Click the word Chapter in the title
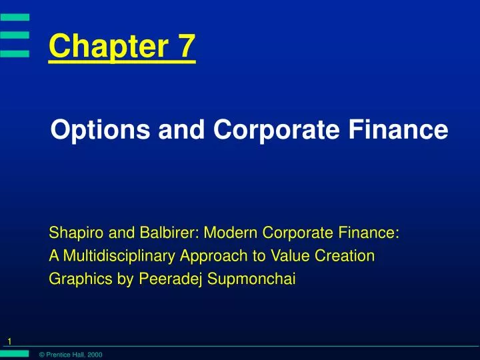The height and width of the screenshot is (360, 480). (x=109, y=46)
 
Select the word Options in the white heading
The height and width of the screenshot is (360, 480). (x=101, y=130)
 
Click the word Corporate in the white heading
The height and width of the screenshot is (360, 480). (x=277, y=130)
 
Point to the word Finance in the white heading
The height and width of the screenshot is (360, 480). (x=398, y=129)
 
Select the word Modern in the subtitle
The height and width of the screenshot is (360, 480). (x=231, y=233)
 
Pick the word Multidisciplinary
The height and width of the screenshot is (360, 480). (x=119, y=256)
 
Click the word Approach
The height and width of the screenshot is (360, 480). (x=214, y=256)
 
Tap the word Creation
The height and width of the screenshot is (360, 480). (x=345, y=255)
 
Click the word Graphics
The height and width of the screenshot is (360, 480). (x=81, y=279)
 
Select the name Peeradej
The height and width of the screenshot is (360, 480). (x=170, y=279)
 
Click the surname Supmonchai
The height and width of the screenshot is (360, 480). (x=251, y=279)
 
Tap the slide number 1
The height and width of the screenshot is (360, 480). (x=9, y=341)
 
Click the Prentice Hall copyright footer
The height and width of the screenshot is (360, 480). (x=71, y=355)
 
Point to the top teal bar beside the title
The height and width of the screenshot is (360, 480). (x=15, y=17)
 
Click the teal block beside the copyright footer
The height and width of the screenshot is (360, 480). (x=15, y=354)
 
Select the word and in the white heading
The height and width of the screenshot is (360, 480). (x=181, y=129)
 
